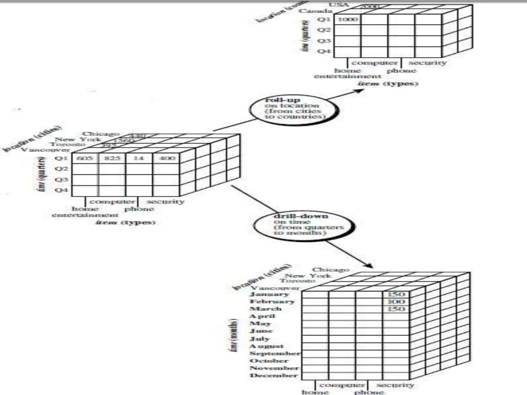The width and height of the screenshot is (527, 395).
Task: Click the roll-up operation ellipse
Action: pyautogui.click(x=293, y=109)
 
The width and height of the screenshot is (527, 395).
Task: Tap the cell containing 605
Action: pyautogui.click(x=85, y=158)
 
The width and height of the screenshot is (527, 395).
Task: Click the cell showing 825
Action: pyautogui.click(x=112, y=158)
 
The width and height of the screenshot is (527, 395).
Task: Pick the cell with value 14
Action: pyautogui.click(x=139, y=158)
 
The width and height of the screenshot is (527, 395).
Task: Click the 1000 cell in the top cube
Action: pyautogui.click(x=347, y=20)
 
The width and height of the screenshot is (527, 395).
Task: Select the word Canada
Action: pyautogui.click(x=315, y=11)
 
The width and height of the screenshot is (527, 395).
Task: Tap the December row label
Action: pyautogui.click(x=274, y=375)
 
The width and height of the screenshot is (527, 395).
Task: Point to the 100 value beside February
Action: pyautogui.click(x=396, y=301)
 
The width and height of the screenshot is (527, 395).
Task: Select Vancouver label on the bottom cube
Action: pyautogui.click(x=276, y=288)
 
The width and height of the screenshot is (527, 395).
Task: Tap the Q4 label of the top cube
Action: pyautogui.click(x=324, y=51)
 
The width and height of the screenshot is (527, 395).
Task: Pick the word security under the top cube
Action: pyautogui.click(x=427, y=63)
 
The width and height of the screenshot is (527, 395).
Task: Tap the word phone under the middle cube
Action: pyautogui.click(x=139, y=209)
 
